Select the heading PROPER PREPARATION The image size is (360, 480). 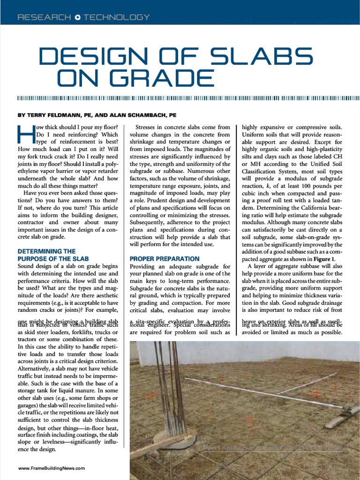tap(164, 258)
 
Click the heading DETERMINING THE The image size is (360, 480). tap(46, 251)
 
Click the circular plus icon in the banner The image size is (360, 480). tap(77, 17)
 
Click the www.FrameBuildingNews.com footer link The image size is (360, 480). tap(52, 468)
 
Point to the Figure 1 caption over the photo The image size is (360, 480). tap(272, 448)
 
